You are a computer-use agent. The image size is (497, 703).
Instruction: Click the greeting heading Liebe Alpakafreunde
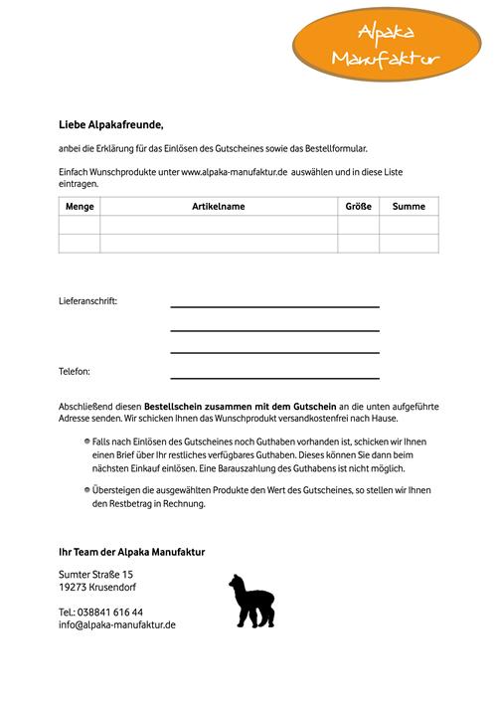110,125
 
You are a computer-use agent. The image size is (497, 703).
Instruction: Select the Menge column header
80,206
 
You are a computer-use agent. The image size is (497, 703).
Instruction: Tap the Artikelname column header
219,206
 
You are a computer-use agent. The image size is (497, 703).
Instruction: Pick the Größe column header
358,206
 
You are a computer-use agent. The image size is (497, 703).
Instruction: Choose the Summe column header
409,206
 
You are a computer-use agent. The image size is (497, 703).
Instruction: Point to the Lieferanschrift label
87,300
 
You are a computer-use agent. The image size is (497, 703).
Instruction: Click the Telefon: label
75,372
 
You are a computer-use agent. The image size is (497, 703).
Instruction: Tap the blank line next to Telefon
274,377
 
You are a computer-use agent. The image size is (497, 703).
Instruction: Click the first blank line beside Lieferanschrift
274,305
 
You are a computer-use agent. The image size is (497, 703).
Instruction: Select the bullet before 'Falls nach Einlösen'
86,439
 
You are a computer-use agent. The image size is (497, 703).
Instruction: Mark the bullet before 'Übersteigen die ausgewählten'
86,490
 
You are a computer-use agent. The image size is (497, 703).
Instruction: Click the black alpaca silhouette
250,601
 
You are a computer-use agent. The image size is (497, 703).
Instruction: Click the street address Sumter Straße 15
96,575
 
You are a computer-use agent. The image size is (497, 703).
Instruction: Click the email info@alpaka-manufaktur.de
117,624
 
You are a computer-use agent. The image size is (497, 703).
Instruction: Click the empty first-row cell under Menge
80,225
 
